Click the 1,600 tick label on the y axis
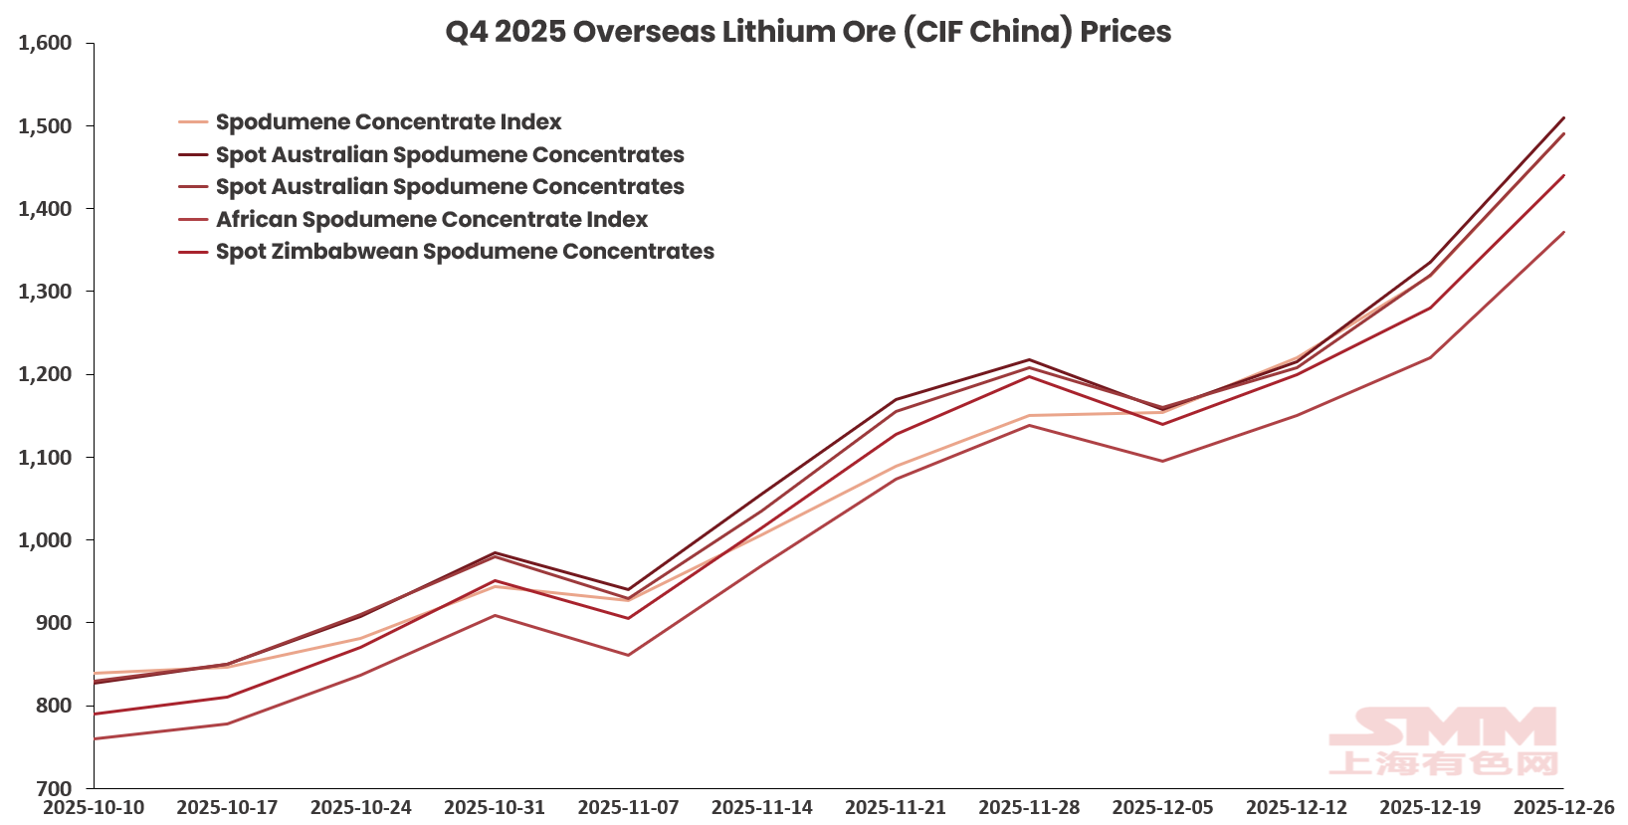(45, 43)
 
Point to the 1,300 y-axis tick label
(45, 292)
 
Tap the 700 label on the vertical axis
(54, 788)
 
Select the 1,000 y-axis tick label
(45, 540)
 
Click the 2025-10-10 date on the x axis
(94, 807)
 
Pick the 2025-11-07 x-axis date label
(628, 807)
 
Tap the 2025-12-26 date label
(1563, 807)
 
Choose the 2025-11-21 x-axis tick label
(896, 807)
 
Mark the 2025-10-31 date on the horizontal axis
(495, 807)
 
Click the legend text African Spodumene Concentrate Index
(432, 219)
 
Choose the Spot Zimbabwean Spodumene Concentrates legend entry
(465, 252)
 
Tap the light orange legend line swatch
(193, 122)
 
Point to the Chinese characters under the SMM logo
(1444, 764)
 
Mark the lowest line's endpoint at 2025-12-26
(1564, 232)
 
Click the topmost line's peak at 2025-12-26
(1564, 117)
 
